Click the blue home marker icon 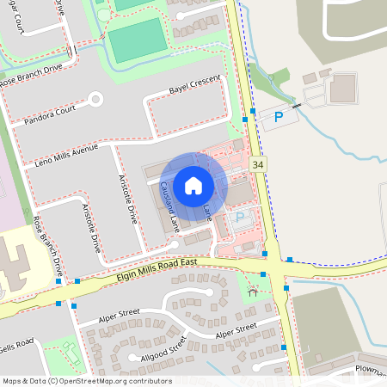pos(193,185)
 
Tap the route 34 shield pos(257,163)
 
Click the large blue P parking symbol pos(278,116)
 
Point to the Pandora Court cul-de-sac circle pos(95,99)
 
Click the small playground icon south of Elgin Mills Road pos(253,292)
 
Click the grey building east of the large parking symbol pos(342,87)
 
